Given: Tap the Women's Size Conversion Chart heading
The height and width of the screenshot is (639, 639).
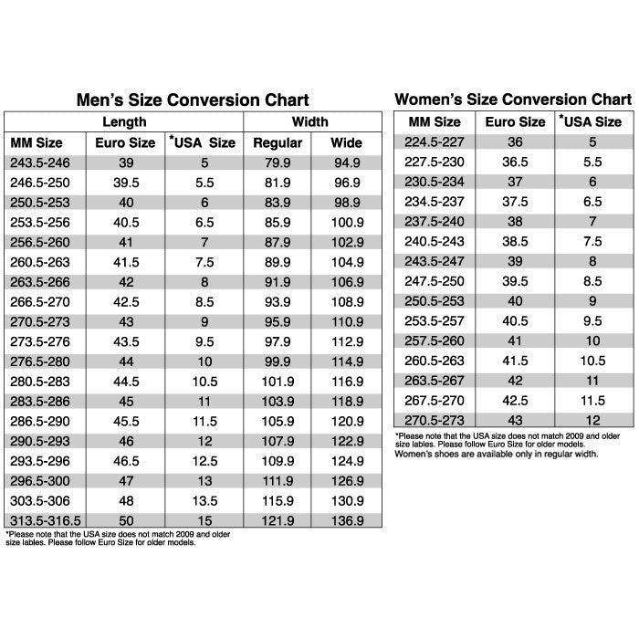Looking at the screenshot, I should pos(512,99).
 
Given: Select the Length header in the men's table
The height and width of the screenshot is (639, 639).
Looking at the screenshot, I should pos(124,121).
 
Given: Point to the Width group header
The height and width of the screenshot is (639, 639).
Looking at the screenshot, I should pos(311,121).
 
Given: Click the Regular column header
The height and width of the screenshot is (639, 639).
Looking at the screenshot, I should pos(278,143).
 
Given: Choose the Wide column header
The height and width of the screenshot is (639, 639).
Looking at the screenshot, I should pos(346,143).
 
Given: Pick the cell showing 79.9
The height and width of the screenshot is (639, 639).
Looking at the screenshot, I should pos(278,163).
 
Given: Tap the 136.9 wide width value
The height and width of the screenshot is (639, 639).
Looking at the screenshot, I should pos(346,520).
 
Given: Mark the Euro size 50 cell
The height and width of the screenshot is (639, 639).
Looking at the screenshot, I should pos(126,520).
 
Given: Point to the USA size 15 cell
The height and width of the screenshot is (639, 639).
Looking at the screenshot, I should pos(204,520).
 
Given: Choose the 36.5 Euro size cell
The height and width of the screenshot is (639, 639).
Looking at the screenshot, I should pos(515,162).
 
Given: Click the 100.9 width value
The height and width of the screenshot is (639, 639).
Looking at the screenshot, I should pos(346,223).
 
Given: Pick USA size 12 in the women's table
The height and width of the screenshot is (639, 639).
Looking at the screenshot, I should pos(592,420).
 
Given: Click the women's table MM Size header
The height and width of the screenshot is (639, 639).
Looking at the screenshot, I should pos(434,121).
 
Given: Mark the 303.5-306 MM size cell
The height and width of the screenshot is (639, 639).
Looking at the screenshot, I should pos(40,500).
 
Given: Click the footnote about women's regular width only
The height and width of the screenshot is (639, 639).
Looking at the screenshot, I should pos(496,454).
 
